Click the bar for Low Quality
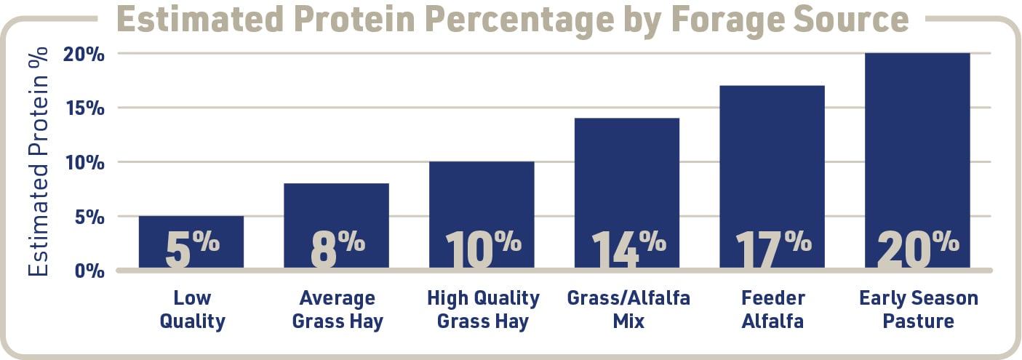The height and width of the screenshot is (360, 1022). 191,243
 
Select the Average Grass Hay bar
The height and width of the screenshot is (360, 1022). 336,226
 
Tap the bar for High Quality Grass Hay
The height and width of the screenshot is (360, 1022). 482,215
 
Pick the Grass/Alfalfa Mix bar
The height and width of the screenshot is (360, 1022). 627,193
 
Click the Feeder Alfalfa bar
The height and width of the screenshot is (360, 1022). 772,177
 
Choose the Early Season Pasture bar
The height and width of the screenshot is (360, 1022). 917,161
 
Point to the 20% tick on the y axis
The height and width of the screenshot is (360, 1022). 89,55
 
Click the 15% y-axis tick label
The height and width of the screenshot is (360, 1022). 89,108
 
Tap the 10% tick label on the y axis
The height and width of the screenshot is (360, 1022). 89,163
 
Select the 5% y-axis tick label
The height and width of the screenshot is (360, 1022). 93,217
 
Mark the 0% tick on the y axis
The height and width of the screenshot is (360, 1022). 93,271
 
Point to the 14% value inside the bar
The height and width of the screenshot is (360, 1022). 627,249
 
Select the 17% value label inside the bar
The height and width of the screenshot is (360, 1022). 772,249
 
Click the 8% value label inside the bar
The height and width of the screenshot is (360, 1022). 336,249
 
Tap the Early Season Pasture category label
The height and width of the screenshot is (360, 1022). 918,309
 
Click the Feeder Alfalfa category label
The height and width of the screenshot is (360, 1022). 772,309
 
